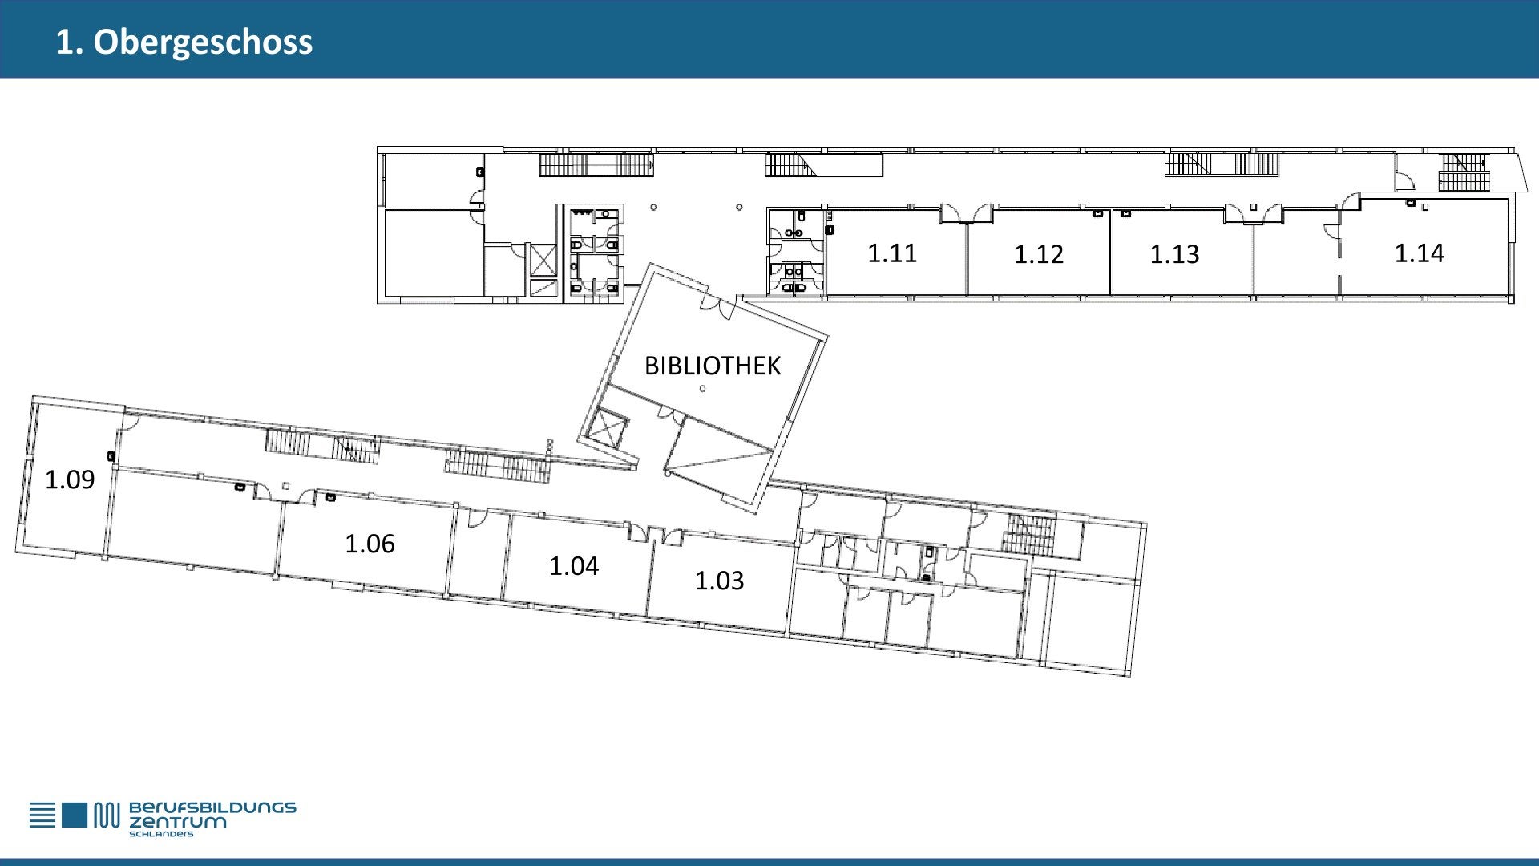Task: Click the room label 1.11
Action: pyautogui.click(x=891, y=253)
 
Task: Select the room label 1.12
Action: pyautogui.click(x=1039, y=254)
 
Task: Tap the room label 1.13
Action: pyautogui.click(x=1174, y=254)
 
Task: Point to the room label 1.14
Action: pyautogui.click(x=1419, y=253)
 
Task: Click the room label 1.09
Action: pyautogui.click(x=70, y=480)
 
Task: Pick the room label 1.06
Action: pyautogui.click(x=370, y=544)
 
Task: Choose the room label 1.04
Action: pyautogui.click(x=574, y=566)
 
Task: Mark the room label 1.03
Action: pyautogui.click(x=719, y=581)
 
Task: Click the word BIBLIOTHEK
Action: pyautogui.click(x=713, y=366)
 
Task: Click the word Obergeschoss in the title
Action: pyautogui.click(x=203, y=42)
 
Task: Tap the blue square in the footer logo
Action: pyautogui.click(x=74, y=815)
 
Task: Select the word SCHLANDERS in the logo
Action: pyautogui.click(x=161, y=834)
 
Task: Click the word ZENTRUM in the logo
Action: pyautogui.click(x=178, y=822)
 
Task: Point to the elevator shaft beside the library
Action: pyautogui.click(x=607, y=429)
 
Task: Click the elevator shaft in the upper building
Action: pyautogui.click(x=543, y=260)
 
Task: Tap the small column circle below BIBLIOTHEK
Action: pyautogui.click(x=702, y=389)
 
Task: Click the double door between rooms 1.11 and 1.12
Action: pyautogui.click(x=966, y=214)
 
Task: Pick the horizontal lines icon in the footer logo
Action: pyautogui.click(x=43, y=815)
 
